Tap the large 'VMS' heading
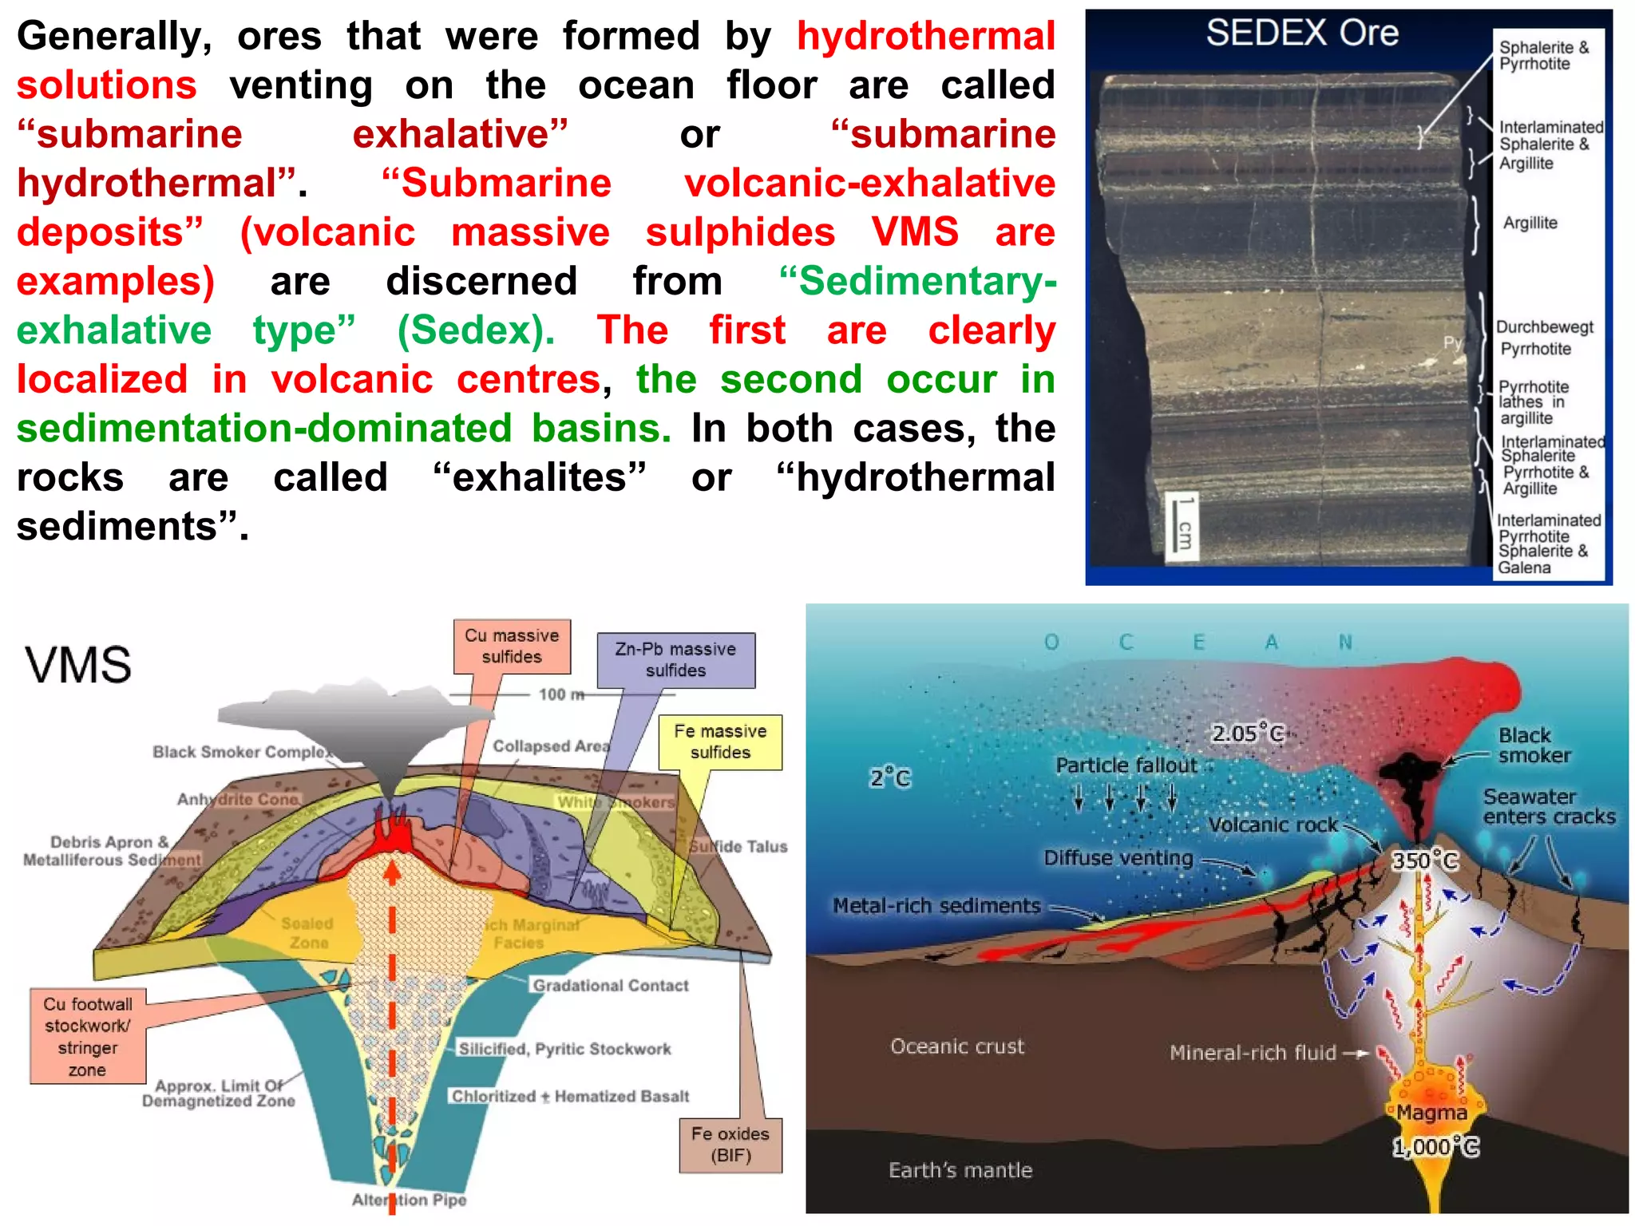[x=78, y=665]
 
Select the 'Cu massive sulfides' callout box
[x=512, y=647]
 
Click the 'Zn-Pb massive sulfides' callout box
[x=675, y=660]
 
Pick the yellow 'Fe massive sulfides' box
[x=720, y=742]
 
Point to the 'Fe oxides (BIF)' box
[x=730, y=1145]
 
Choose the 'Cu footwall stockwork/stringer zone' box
[x=88, y=1037]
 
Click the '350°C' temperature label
[x=1425, y=860]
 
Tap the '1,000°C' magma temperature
[x=1435, y=1147]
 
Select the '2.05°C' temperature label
[x=1247, y=733]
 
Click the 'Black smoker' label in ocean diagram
[x=1534, y=745]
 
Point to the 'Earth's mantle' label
[x=960, y=1170]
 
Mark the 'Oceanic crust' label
[x=956, y=1046]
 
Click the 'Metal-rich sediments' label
[x=936, y=905]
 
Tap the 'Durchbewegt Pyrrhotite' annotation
[x=1544, y=338]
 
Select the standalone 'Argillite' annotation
[x=1530, y=223]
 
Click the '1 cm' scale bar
[x=1183, y=524]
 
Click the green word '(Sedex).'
[x=476, y=330]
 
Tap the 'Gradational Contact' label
[x=611, y=986]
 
